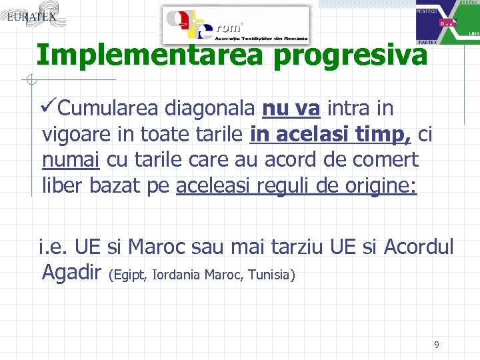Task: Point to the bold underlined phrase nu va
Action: [x=291, y=108]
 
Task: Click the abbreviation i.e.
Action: [x=54, y=247]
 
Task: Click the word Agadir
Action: [x=71, y=273]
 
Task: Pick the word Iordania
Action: [x=177, y=275]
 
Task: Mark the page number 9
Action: [x=436, y=345]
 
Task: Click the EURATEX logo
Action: [x=31, y=17]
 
